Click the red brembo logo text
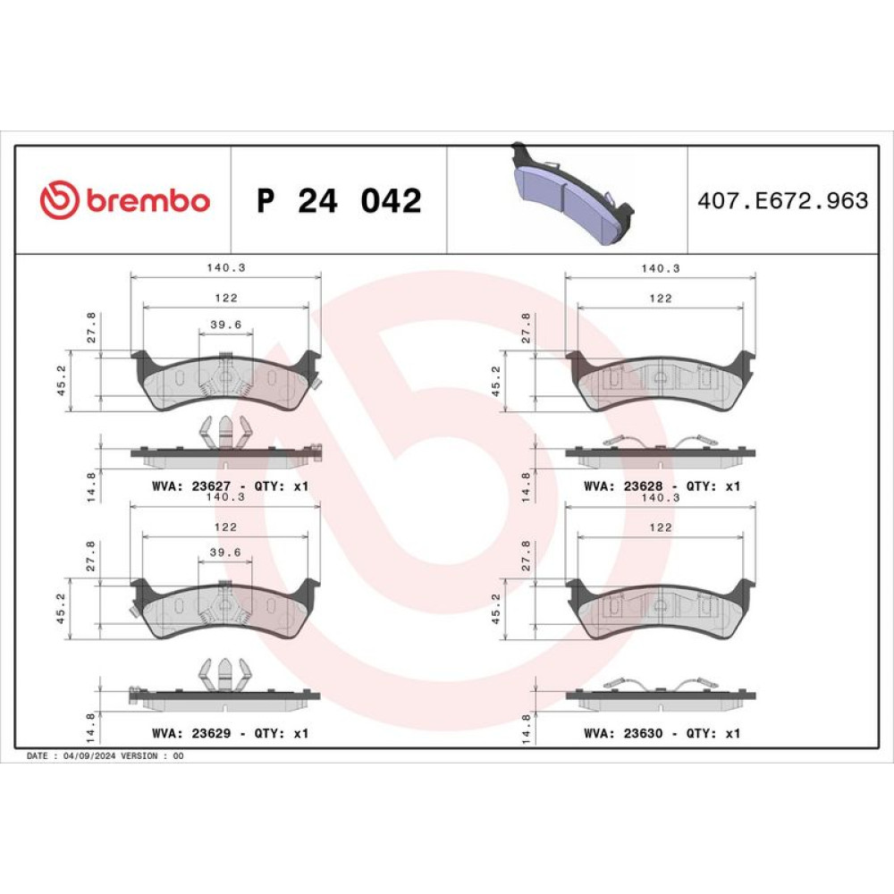point(148,200)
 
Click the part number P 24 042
point(339,200)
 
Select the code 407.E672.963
point(783,200)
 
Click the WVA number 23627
point(211,486)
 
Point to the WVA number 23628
point(643,486)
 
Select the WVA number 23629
point(211,733)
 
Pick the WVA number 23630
point(643,733)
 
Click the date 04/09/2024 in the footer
point(89,756)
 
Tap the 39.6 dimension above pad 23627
point(226,325)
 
